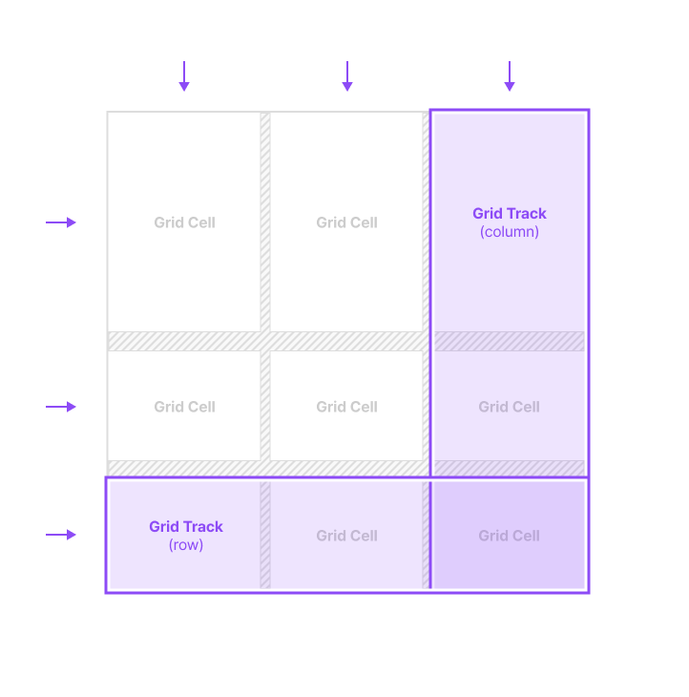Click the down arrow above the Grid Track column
click(x=510, y=76)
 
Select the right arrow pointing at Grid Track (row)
click(x=61, y=535)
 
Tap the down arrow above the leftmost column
click(x=184, y=76)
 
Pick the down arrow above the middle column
click(x=347, y=76)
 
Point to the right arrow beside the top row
click(x=61, y=222)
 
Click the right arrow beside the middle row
click(x=61, y=407)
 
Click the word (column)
click(x=510, y=232)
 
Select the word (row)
click(x=186, y=545)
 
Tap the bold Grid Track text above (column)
click(x=510, y=213)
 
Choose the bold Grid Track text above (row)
click(x=186, y=526)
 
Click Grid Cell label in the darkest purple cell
click(x=509, y=536)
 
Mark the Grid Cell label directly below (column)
click(x=509, y=407)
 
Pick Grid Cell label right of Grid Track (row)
click(x=347, y=536)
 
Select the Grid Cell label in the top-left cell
click(x=185, y=222)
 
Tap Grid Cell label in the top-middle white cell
click(x=347, y=222)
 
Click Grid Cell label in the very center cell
click(x=347, y=407)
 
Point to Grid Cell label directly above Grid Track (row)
click(x=185, y=407)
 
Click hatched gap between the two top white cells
click(x=265, y=222)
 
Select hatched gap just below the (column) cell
click(x=509, y=341)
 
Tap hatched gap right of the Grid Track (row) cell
click(x=265, y=536)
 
